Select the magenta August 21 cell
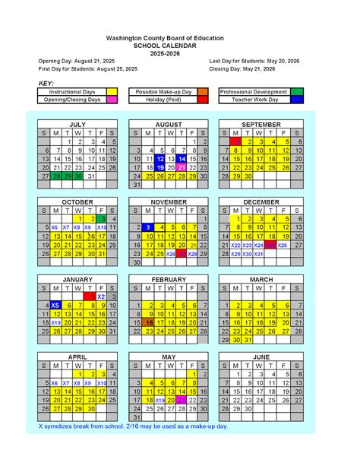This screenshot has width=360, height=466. click(182, 167)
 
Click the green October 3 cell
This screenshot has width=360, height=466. click(102, 219)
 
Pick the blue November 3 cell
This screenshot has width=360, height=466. click(148, 227)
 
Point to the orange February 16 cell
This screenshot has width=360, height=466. click(148, 322)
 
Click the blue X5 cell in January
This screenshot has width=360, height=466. click(55, 305)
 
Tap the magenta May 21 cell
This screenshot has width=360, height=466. click(182, 400)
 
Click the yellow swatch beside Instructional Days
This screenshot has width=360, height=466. click(112, 91)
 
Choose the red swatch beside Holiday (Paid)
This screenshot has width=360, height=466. click(203, 100)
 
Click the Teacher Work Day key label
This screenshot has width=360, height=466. click(254, 100)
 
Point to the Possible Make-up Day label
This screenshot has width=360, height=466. click(163, 91)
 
